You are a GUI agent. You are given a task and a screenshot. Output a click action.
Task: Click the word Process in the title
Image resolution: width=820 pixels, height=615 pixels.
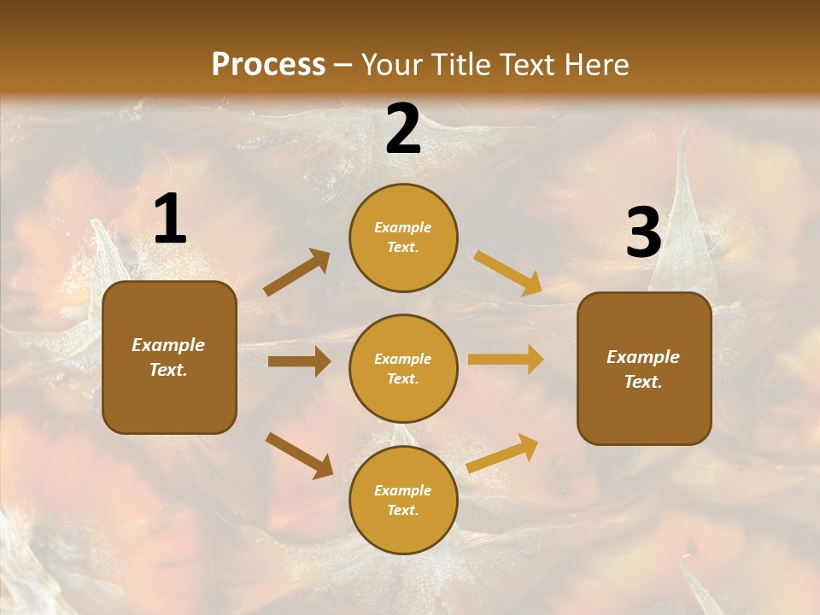pyautogui.click(x=268, y=65)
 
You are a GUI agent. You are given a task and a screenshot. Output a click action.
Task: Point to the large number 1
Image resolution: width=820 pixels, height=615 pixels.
pyautogui.click(x=170, y=220)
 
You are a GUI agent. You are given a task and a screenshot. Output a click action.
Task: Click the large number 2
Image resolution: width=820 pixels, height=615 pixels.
pyautogui.click(x=403, y=129)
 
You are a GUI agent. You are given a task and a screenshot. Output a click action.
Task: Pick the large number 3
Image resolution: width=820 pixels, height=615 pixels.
pyautogui.click(x=643, y=232)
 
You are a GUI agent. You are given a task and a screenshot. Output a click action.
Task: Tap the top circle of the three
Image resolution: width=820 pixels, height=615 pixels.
pyautogui.click(x=403, y=237)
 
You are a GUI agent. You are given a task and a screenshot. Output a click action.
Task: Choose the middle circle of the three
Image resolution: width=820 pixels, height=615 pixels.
pyautogui.click(x=403, y=368)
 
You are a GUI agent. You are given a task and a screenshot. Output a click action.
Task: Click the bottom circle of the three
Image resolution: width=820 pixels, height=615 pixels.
pyautogui.click(x=403, y=500)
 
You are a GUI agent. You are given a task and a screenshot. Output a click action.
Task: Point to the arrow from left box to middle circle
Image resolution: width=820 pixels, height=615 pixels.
pyautogui.click(x=299, y=361)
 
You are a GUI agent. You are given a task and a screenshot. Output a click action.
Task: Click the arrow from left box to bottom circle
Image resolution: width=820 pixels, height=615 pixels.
pyautogui.click(x=299, y=455)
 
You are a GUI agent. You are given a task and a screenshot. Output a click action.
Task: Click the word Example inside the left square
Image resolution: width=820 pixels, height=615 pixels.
pyautogui.click(x=168, y=345)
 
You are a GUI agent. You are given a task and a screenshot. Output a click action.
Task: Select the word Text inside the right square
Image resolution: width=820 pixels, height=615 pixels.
pyautogui.click(x=642, y=382)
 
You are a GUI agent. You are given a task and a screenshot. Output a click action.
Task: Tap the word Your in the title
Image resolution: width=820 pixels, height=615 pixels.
pyautogui.click(x=389, y=65)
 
